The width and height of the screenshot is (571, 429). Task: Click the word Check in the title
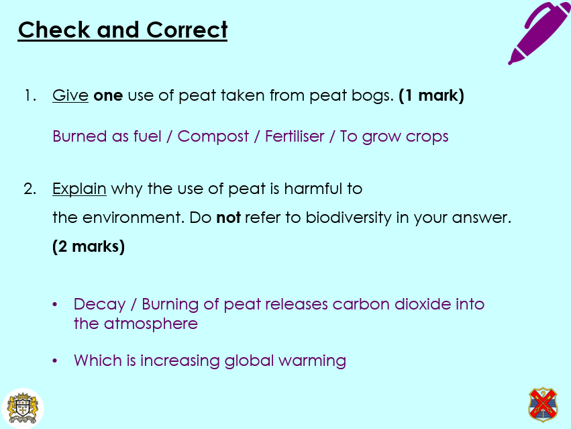click(x=54, y=30)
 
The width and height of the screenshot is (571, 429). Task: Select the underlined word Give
click(x=70, y=96)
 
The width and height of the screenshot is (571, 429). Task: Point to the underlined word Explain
click(x=79, y=189)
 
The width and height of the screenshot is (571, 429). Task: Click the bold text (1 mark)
click(x=431, y=96)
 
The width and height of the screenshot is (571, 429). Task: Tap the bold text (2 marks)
click(x=89, y=246)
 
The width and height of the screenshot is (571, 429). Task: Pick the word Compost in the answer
click(x=213, y=137)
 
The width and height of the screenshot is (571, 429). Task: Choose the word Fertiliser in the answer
click(x=296, y=136)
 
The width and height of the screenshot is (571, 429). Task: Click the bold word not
click(x=228, y=218)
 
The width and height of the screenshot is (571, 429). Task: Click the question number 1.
click(x=29, y=96)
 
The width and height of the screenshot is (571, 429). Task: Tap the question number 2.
click(x=30, y=189)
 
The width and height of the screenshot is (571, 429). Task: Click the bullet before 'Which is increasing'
click(x=55, y=361)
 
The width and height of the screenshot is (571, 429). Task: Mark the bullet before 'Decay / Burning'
click(x=55, y=305)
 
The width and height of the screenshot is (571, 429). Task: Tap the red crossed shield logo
click(x=543, y=404)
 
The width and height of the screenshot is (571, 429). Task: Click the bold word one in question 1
click(x=108, y=96)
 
